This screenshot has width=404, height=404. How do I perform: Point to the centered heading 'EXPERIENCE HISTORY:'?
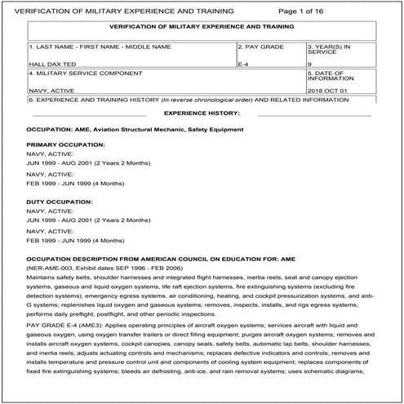click(202, 113)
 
